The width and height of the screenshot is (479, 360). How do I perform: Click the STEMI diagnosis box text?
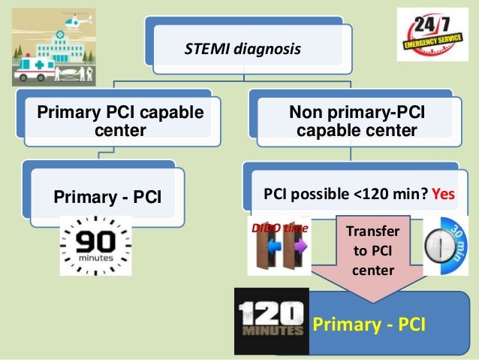pos(242,50)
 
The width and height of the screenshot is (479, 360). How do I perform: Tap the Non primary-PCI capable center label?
pos(357,123)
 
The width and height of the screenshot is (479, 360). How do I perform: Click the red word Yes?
pos(444,194)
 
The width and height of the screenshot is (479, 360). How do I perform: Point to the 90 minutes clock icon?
pos(95,245)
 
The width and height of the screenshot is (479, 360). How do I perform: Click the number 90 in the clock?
pos(95,241)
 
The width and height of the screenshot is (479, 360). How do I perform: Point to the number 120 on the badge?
pos(270,313)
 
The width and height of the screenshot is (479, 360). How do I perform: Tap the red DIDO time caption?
pos(279,226)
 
